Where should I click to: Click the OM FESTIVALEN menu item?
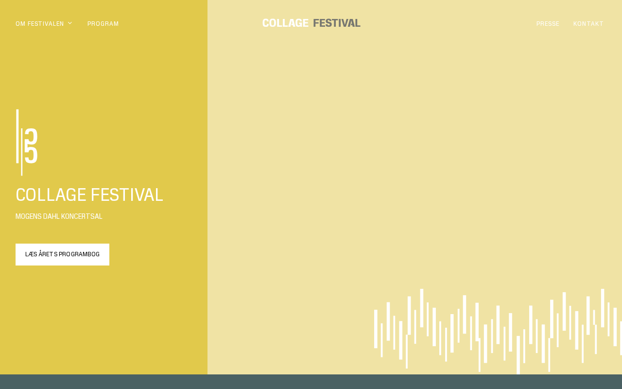pyautogui.click(x=40, y=24)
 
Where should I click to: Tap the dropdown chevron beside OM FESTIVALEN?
pyautogui.click(x=70, y=23)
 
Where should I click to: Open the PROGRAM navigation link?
pyautogui.click(x=103, y=24)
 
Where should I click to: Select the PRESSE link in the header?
pyautogui.click(x=548, y=24)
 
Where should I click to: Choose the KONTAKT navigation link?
pyautogui.click(x=588, y=24)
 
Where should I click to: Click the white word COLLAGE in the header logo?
pyautogui.click(x=285, y=23)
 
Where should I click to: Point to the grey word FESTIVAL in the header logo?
pyautogui.click(x=337, y=23)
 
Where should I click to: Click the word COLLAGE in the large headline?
pyautogui.click(x=51, y=195)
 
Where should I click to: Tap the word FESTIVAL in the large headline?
pyautogui.click(x=127, y=195)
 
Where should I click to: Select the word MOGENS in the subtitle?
pyautogui.click(x=28, y=216)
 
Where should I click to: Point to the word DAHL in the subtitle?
pyautogui.click(x=51, y=216)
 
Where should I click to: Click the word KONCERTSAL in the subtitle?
pyautogui.click(x=82, y=216)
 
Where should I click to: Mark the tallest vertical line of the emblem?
pyautogui.click(x=17, y=136)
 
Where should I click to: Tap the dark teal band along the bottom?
pyautogui.click(x=311, y=382)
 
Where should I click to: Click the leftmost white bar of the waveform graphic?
pyautogui.click(x=376, y=329)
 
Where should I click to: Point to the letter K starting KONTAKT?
pyautogui.click(x=575, y=24)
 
